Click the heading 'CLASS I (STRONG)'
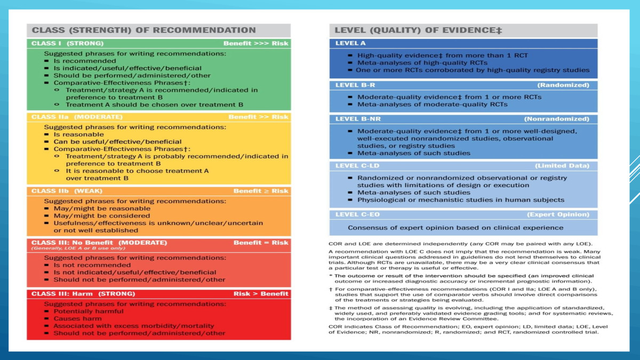click(x=68, y=43)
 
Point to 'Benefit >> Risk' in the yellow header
click(x=258, y=117)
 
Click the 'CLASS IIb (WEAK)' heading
click(x=67, y=191)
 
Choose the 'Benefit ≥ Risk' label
click(x=261, y=191)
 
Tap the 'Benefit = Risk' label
click(x=261, y=243)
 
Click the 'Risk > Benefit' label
click(x=261, y=294)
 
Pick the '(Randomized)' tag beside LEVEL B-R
click(x=563, y=85)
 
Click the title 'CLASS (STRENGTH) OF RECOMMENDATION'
click(x=144, y=30)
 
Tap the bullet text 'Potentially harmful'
click(x=89, y=311)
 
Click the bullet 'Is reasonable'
click(x=78, y=134)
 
